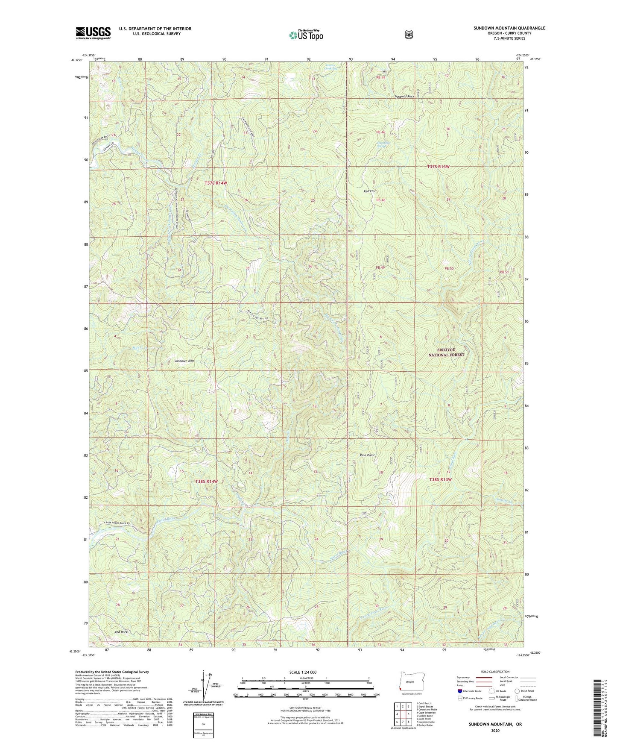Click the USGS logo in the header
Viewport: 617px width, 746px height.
93,33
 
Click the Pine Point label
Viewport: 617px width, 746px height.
367,455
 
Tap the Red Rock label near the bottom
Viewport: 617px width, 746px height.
121,632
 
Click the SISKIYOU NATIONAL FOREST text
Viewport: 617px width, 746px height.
446,352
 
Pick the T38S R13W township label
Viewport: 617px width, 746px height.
440,479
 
